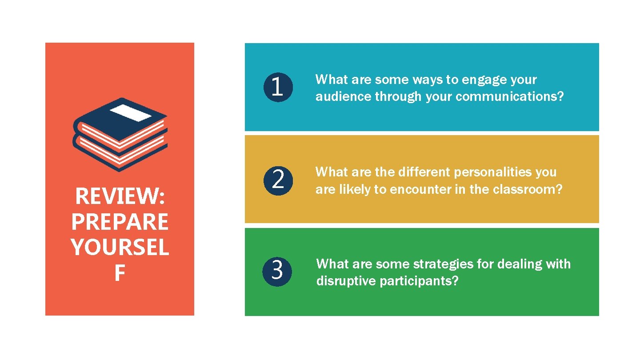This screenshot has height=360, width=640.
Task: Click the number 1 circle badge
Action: (277, 87)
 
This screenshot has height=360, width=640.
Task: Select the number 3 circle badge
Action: (277, 270)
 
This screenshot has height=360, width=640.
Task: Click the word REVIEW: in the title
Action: (120, 196)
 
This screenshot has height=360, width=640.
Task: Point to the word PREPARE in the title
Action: (120, 222)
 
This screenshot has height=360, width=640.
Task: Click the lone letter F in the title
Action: (120, 274)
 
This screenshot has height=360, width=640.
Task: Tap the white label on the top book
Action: (131, 113)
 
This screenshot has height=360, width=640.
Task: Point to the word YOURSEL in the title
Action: (120, 248)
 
